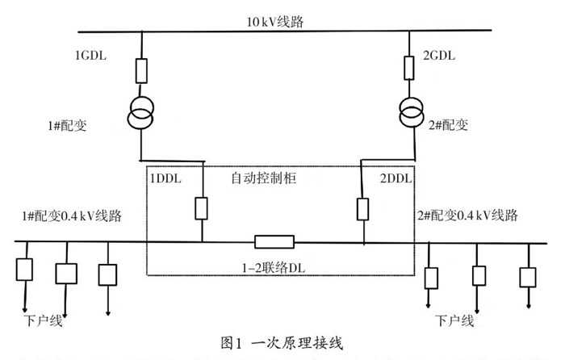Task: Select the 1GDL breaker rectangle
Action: [142, 71]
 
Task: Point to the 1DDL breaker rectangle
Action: [202, 208]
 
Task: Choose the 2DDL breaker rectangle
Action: [363, 208]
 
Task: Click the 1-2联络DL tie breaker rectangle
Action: [274, 241]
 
